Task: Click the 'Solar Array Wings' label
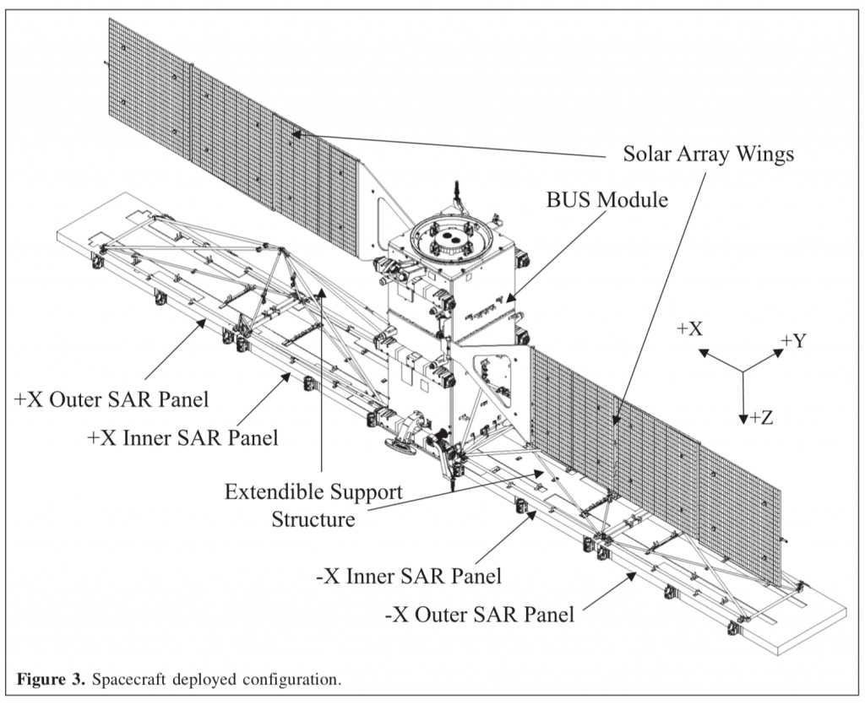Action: [x=708, y=155]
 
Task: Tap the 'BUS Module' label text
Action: [x=607, y=200]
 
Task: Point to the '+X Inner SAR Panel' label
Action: [x=182, y=438]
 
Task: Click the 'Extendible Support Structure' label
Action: [x=313, y=505]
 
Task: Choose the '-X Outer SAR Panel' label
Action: [x=479, y=614]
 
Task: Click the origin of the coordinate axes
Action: [x=743, y=371]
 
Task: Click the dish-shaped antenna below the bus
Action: [x=400, y=445]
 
